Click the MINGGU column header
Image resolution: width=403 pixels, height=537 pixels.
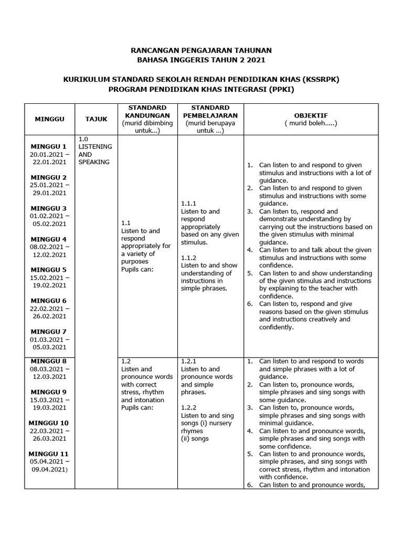[50, 119]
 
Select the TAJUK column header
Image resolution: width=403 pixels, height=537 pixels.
[96, 119]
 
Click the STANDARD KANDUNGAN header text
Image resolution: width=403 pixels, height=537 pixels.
[147, 112]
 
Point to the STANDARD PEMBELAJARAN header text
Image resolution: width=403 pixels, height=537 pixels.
[210, 112]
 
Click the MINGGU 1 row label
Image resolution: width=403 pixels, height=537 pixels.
[48, 146]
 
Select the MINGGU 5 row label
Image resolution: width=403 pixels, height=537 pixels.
[48, 270]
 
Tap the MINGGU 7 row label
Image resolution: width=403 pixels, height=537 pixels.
[48, 332]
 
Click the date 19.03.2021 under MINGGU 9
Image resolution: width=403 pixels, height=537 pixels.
[48, 407]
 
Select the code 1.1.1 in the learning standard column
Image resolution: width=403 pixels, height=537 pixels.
[188, 203]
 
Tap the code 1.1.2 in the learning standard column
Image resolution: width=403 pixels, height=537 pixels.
[188, 258]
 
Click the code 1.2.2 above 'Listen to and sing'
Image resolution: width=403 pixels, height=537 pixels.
[188, 407]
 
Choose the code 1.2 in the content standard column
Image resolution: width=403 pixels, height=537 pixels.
[126, 361]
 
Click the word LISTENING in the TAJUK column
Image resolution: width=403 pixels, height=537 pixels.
[95, 147]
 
